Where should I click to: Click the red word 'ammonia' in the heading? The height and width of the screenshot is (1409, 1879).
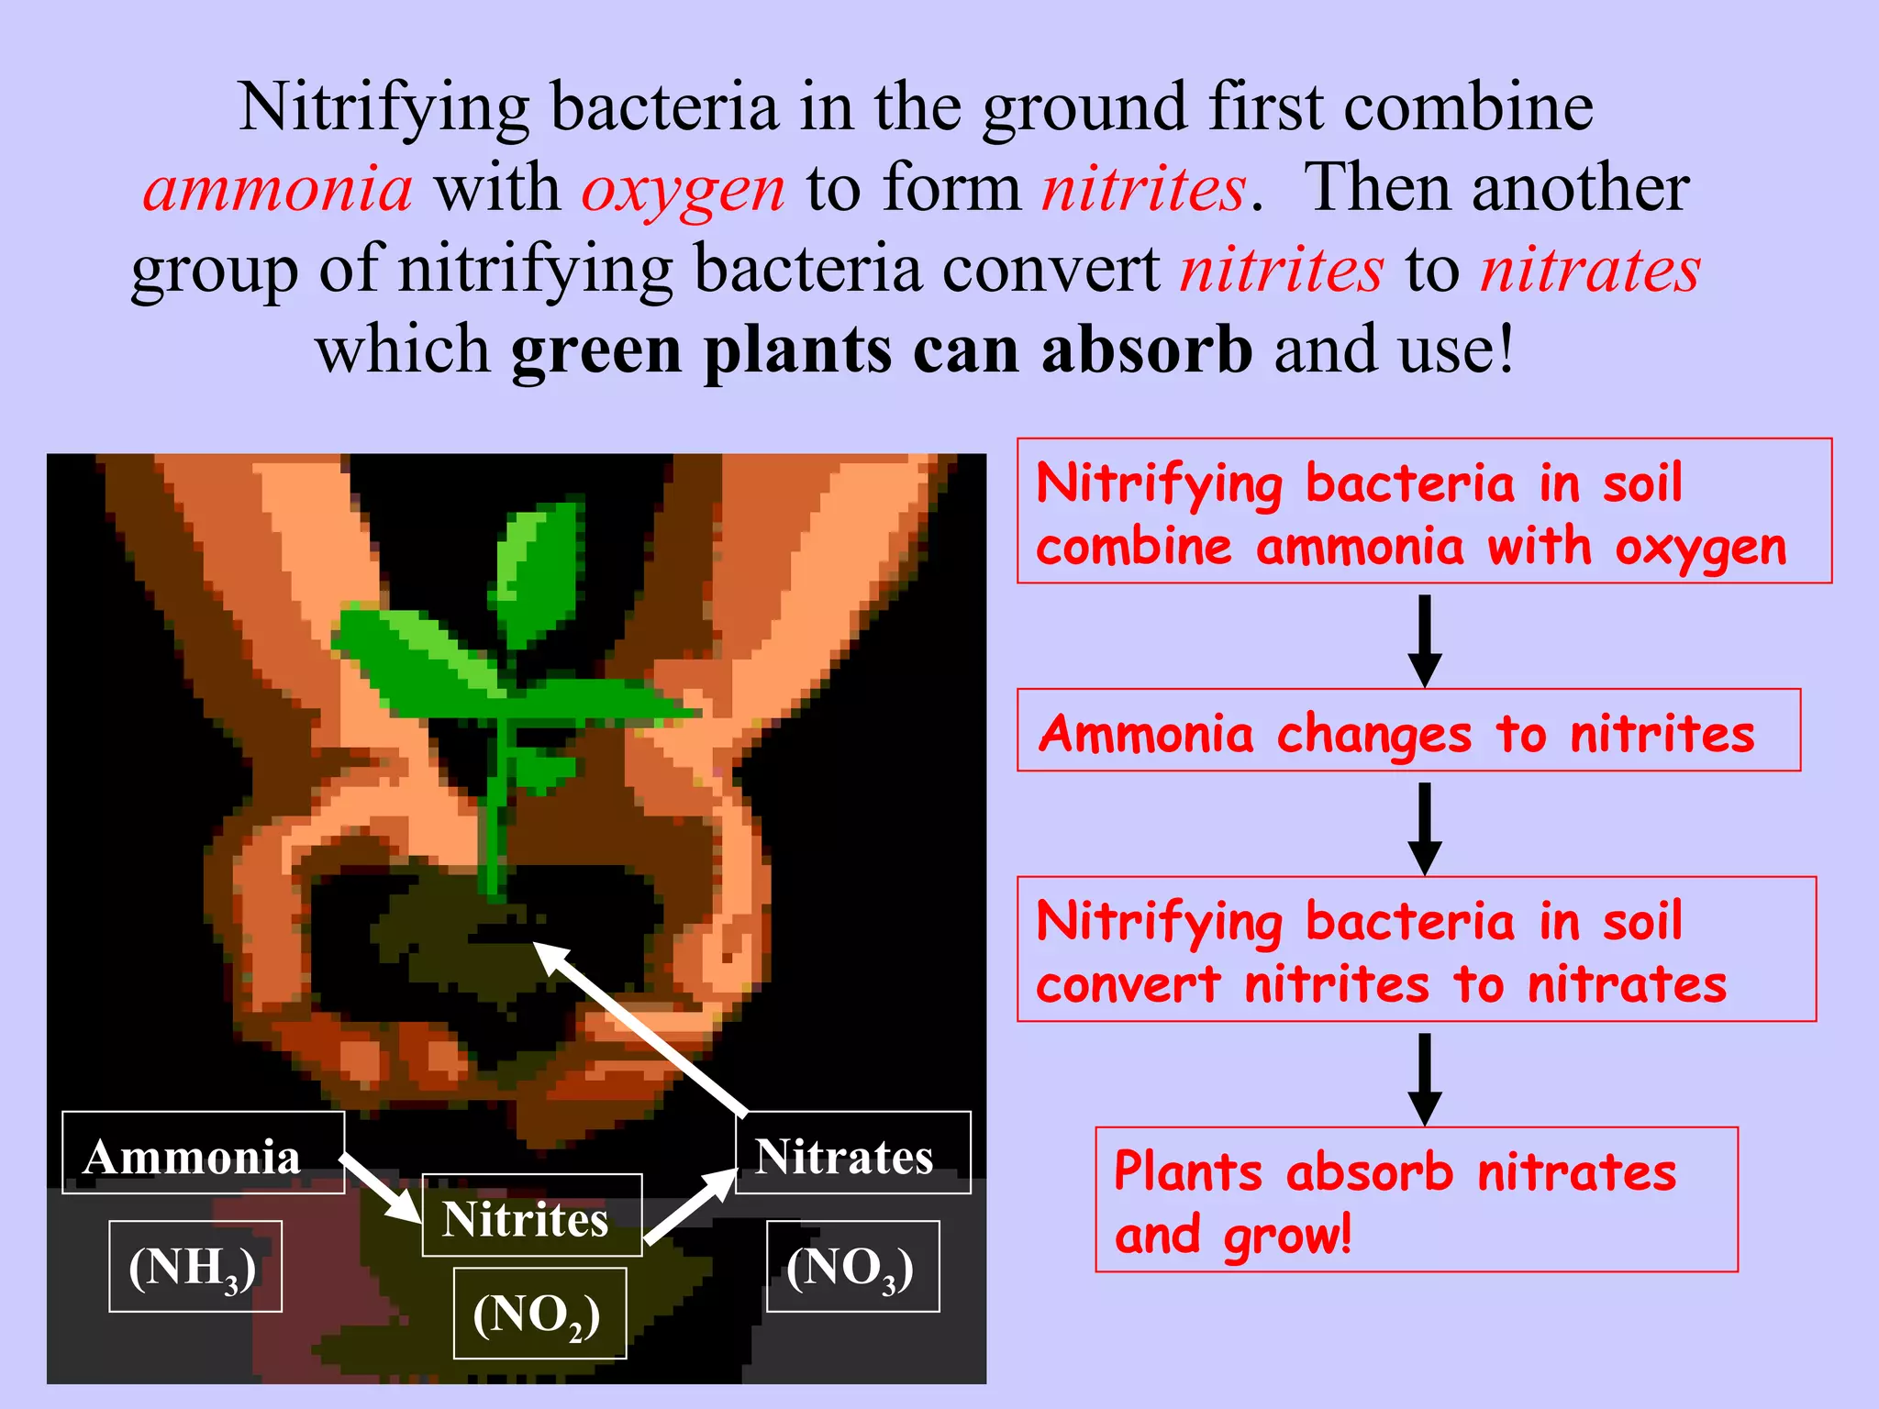point(278,188)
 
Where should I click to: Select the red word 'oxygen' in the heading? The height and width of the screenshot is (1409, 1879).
point(683,188)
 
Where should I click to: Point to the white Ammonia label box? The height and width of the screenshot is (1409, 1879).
point(203,1153)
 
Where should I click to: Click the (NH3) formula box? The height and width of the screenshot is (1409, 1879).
point(195,1266)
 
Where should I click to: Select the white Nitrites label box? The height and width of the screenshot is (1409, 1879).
point(531,1215)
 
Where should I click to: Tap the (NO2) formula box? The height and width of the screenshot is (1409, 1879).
point(539,1313)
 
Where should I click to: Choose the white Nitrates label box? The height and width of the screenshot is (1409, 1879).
point(852,1153)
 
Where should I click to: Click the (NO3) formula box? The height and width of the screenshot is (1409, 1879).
point(852,1266)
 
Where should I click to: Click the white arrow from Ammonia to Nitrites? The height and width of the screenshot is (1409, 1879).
point(381,1188)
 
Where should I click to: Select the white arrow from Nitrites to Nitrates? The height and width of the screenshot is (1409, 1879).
point(691,1207)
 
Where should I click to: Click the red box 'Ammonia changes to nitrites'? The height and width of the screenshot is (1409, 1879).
point(1407,730)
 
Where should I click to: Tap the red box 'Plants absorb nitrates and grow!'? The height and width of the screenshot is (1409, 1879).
point(1416,1199)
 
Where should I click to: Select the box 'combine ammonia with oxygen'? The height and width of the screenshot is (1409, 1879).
point(1423,511)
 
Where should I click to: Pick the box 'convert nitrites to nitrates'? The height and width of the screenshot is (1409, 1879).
point(1416,949)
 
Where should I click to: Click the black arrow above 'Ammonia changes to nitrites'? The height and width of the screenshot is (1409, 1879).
point(1424,639)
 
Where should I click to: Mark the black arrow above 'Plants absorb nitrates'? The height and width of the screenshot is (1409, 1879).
point(1424,1079)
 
